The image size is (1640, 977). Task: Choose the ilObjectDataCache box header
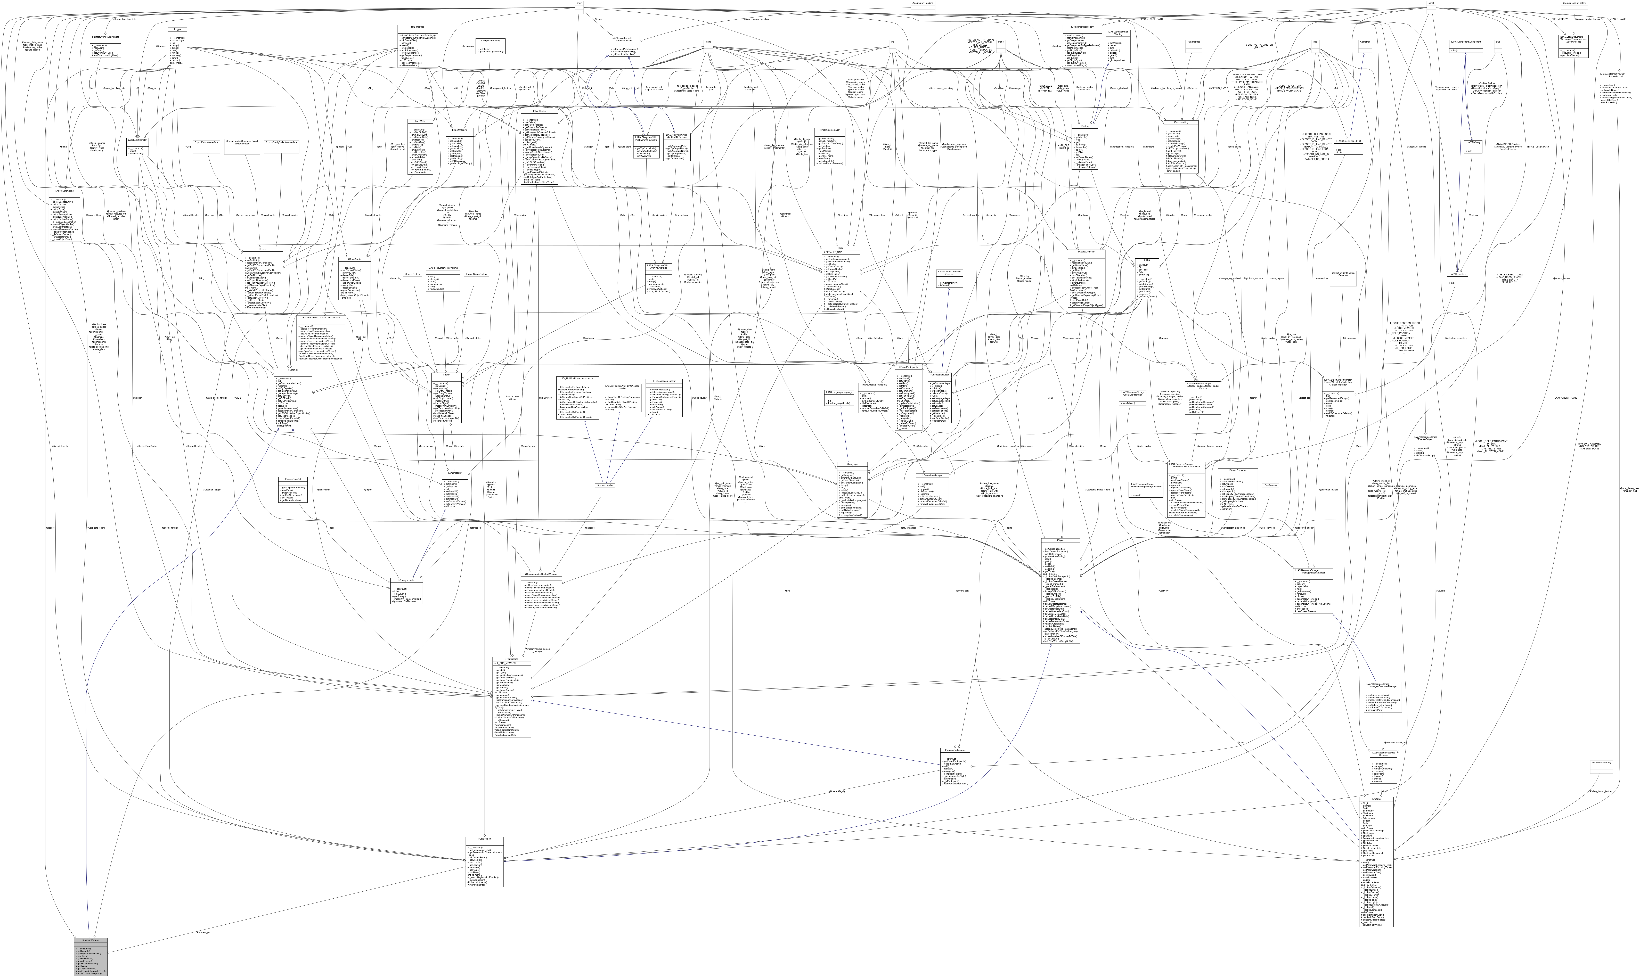pos(65,191)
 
